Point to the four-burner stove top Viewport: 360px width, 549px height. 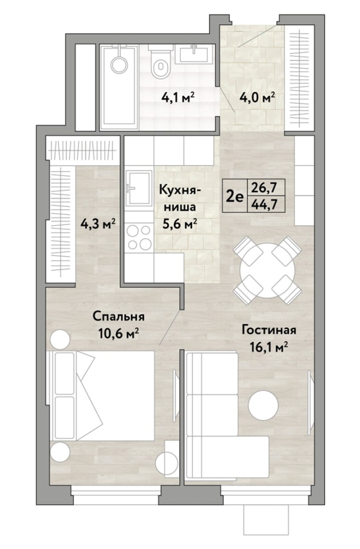point(139,237)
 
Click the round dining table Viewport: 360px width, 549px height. point(267,270)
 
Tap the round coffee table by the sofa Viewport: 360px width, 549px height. point(263,405)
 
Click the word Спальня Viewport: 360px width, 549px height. point(118,318)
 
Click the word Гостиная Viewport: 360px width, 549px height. point(269,331)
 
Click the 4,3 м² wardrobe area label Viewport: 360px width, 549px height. point(98,224)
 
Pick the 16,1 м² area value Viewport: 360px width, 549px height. point(269,347)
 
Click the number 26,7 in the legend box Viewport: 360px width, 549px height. point(265,188)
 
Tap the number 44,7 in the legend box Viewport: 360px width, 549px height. point(265,204)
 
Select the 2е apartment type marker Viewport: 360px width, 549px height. point(235,197)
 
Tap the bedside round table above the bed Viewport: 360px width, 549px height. point(59,339)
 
